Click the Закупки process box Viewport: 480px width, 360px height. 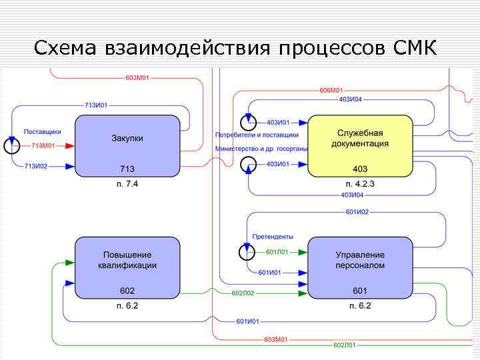click(x=127, y=145)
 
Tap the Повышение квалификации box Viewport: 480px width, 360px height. click(x=127, y=267)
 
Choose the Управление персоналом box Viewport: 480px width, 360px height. click(x=360, y=267)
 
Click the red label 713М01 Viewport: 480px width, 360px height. click(x=43, y=145)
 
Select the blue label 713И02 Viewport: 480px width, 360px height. click(x=36, y=166)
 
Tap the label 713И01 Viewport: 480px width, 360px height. click(x=96, y=105)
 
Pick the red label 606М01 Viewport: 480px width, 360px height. click(x=331, y=90)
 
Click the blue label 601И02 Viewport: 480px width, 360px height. click(x=357, y=212)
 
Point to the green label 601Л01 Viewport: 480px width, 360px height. click(x=277, y=251)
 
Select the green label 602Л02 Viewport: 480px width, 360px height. click(x=243, y=293)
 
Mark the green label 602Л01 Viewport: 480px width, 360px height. click(x=345, y=345)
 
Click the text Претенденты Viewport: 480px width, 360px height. click(x=273, y=237)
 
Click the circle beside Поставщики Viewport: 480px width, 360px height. click(x=12, y=145)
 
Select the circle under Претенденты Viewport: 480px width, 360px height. click(x=247, y=251)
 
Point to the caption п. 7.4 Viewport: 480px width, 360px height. click(x=127, y=183)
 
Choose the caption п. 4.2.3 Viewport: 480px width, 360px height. click(x=360, y=183)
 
